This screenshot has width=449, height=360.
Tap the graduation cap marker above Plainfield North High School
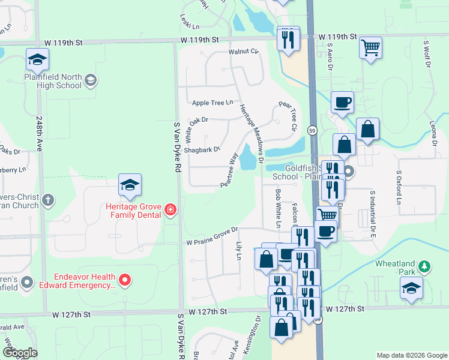tap(37, 59)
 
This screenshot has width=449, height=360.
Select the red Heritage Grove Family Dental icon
tap(170, 209)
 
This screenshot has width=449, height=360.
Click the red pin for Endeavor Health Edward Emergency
tap(125, 279)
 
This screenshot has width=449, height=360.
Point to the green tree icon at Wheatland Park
tap(424, 265)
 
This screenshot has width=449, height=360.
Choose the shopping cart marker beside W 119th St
tap(370, 46)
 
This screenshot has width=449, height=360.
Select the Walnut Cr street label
tap(243, 52)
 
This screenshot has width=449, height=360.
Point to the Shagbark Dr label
tap(202, 149)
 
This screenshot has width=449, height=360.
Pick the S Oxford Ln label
tap(398, 187)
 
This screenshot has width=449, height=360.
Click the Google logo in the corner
tap(19, 353)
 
